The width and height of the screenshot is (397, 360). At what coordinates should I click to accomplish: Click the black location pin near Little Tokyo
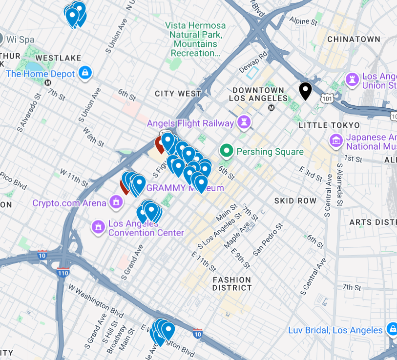click(305, 90)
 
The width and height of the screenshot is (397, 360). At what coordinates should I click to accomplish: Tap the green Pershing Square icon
click(226, 152)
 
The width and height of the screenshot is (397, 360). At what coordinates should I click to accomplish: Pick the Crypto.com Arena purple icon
click(116, 201)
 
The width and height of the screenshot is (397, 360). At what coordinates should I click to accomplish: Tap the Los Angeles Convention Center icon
click(98, 226)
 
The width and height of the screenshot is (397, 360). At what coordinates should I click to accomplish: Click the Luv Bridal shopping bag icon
click(391, 329)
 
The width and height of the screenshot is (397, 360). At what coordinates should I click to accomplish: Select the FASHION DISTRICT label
click(232, 284)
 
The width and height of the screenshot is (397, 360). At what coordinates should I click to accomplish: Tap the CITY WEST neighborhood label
click(178, 94)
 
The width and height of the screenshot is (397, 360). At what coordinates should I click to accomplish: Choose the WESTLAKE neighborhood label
click(58, 58)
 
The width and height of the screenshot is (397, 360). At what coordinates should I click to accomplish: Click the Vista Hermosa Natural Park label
click(195, 39)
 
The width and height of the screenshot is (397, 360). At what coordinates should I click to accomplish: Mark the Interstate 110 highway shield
click(63, 272)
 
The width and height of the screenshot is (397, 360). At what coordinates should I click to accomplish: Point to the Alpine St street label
click(303, 21)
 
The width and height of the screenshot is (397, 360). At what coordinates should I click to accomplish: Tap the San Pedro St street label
click(268, 240)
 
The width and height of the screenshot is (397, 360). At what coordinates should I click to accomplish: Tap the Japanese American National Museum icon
click(336, 141)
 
